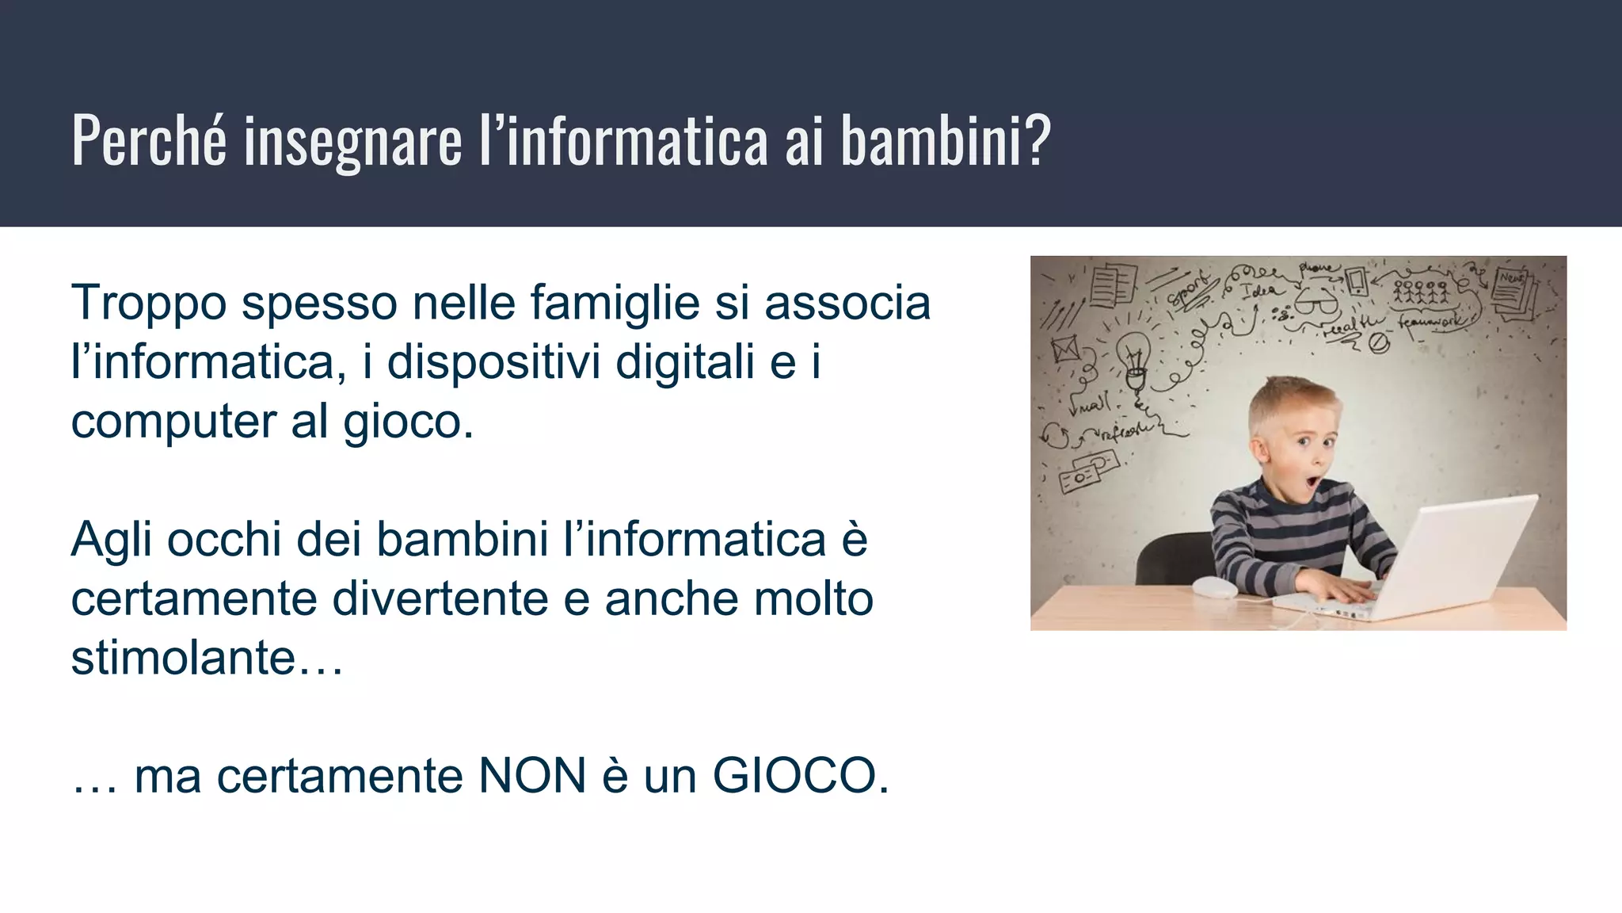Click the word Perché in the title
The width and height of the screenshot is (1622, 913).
[149, 140]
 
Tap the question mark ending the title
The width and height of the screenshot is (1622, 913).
[1035, 140]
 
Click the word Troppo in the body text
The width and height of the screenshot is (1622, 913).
[149, 304]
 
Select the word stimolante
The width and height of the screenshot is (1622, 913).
[183, 658]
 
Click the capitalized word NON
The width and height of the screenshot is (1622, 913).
[532, 776]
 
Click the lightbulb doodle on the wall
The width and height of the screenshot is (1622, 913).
[1133, 355]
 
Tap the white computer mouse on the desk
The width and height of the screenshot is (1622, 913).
[1214, 587]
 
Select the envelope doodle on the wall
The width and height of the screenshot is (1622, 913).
[1065, 349]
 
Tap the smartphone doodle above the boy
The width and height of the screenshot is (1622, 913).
[1357, 281]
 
